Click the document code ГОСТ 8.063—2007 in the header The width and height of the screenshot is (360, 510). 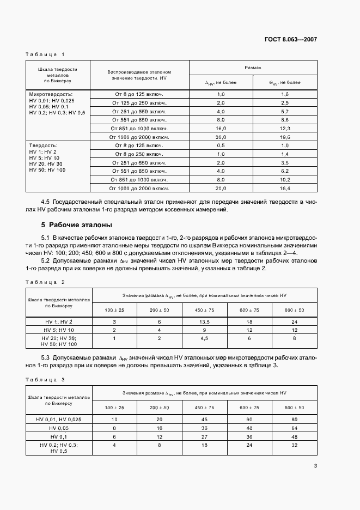(290, 40)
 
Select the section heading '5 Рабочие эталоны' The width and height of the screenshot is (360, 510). (76, 224)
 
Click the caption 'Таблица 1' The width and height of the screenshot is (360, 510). (45, 54)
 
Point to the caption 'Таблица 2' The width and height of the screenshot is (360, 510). (45, 282)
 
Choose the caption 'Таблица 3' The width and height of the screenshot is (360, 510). (45, 379)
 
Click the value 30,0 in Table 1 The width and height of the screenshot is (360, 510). (221, 137)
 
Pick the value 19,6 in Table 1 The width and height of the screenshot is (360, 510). (285, 137)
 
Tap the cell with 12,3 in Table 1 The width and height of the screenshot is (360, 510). (285, 128)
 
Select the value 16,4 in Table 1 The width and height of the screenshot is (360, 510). (285, 188)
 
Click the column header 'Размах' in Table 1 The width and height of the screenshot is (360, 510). (253, 68)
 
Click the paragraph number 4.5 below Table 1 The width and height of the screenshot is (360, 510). (46, 202)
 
